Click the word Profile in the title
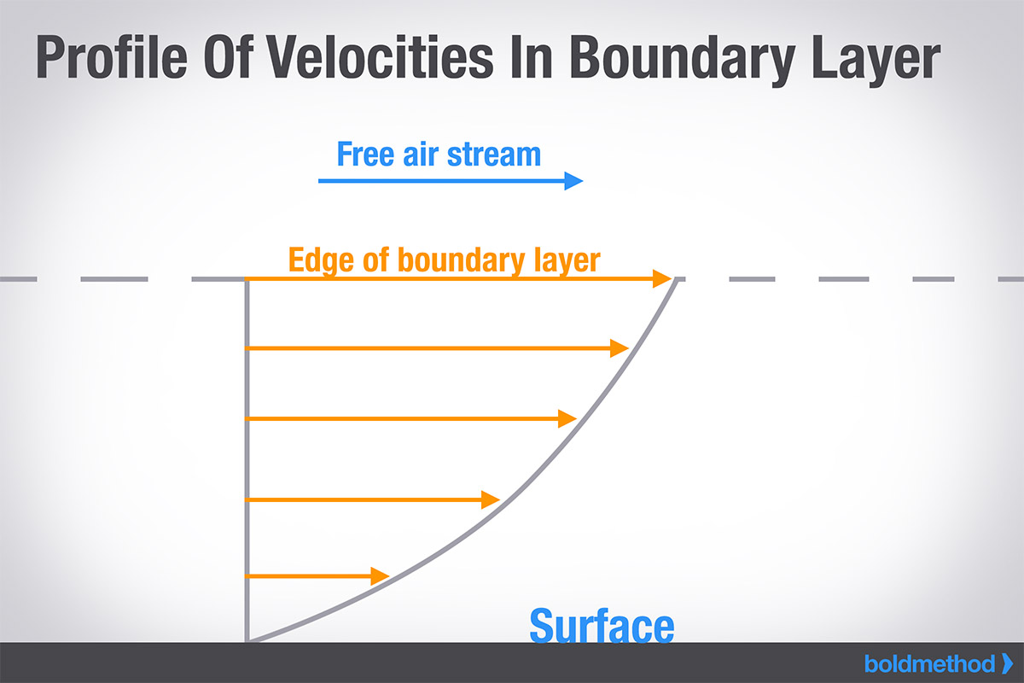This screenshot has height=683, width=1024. point(112,57)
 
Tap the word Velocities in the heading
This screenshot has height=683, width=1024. point(380,57)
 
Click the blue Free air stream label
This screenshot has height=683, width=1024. point(439,155)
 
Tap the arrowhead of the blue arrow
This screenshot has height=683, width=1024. point(573,181)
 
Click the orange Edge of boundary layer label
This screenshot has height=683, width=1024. point(444,260)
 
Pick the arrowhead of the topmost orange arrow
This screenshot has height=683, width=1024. point(662,278)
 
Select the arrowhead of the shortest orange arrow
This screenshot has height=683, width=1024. point(380,576)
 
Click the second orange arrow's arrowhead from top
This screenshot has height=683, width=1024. point(620,348)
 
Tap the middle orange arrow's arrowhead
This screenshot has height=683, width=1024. point(567,418)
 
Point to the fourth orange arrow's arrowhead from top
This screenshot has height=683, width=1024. point(491,500)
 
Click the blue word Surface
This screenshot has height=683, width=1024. point(602,625)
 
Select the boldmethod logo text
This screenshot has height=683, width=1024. point(930,663)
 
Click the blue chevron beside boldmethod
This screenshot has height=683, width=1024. point(1008,663)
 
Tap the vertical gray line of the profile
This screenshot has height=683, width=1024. point(247,460)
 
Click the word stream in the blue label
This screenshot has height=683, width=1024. point(494,155)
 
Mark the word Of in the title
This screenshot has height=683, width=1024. point(229,57)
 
